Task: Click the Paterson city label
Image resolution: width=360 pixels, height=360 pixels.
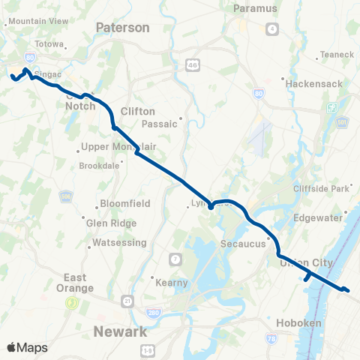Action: pos(122,28)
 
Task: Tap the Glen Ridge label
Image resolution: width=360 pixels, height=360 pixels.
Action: pos(112,223)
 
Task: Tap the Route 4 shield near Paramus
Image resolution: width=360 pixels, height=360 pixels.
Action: pos(272,29)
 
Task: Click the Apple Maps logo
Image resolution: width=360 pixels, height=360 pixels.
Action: pos(27,346)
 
